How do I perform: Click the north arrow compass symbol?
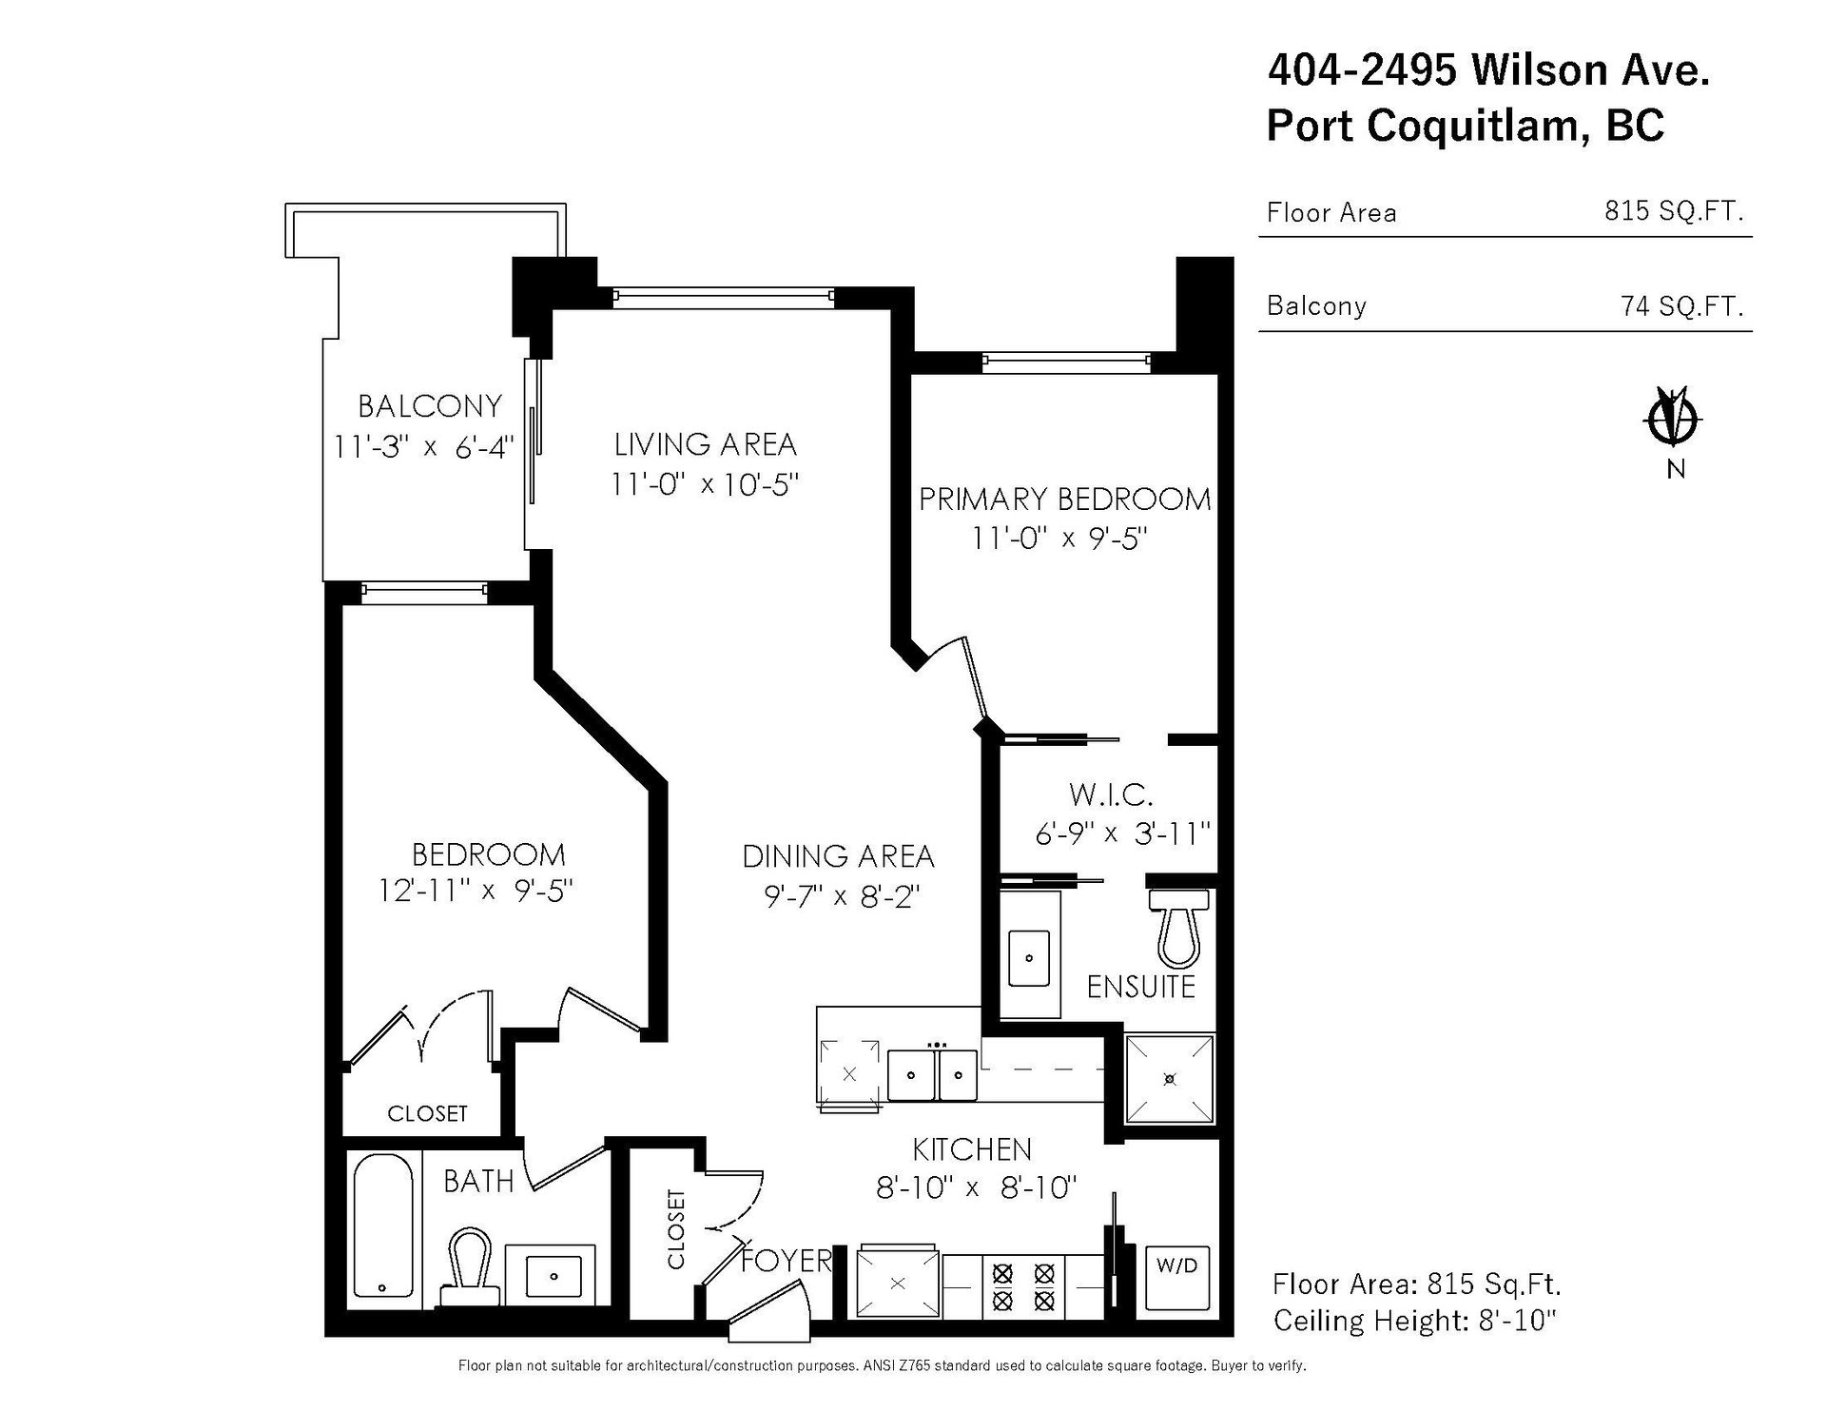coord(1676,418)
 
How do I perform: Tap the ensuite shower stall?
coord(1170,1078)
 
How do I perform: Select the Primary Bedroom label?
coord(1064,499)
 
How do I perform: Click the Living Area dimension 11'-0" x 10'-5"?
coord(705,484)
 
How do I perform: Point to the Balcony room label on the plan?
coord(429,406)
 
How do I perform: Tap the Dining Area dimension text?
coord(841,896)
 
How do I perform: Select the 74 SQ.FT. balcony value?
coord(1681,305)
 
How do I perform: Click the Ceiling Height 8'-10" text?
coord(1414,1321)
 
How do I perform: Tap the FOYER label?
coord(786,1261)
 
